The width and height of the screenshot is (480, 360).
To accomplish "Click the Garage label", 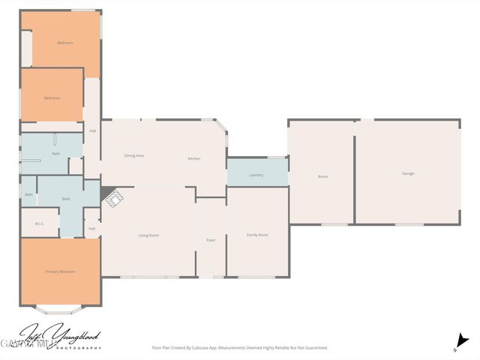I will pyautogui.click(x=408, y=173).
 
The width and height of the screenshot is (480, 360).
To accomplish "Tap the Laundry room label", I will pyautogui.click(x=256, y=175).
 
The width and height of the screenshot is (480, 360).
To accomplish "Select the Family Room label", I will pyautogui.click(x=257, y=235).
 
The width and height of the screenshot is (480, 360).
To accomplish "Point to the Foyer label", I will pyautogui.click(x=211, y=240).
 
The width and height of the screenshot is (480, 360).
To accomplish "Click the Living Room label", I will pyautogui.click(x=148, y=235).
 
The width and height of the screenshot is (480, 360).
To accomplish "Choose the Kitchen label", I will pyautogui.click(x=194, y=158).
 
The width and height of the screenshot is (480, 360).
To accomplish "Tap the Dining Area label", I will pyautogui.click(x=133, y=155).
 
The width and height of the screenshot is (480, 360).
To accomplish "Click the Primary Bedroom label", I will pyautogui.click(x=60, y=271).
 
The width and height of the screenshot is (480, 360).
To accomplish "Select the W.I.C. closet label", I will pyautogui.click(x=40, y=223).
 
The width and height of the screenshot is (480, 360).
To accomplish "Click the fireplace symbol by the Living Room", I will pyautogui.click(x=112, y=198).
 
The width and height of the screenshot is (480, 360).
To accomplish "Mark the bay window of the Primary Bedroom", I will pyautogui.click(x=60, y=308).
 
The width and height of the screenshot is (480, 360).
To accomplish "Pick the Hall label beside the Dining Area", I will pyautogui.click(x=92, y=131).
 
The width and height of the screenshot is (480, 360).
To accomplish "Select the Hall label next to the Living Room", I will pyautogui.click(x=91, y=229).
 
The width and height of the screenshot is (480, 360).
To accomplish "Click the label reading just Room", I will pyautogui.click(x=322, y=176).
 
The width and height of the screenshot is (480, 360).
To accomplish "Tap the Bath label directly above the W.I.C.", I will pyautogui.click(x=28, y=194).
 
